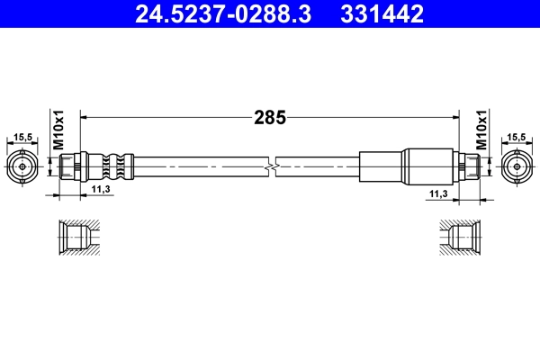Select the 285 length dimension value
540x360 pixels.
point(269,116)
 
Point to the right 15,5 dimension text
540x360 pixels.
point(517,138)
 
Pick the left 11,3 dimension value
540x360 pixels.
point(102,190)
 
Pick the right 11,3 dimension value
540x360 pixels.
point(438,193)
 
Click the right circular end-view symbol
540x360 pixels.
point(517,167)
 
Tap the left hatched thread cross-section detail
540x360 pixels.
point(76,238)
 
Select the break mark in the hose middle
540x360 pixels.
point(271,167)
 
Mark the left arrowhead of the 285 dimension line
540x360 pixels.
point(85,116)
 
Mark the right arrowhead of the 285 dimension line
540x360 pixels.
point(454,116)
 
